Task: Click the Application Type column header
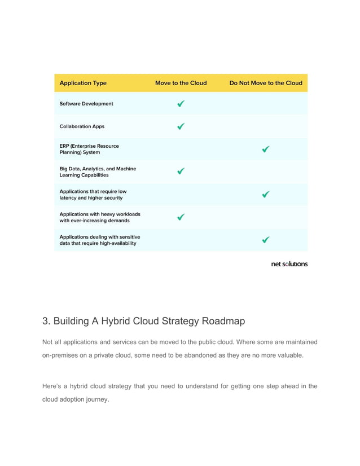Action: click(x=83, y=83)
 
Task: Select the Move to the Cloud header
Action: click(x=181, y=83)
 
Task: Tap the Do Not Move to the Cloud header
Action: click(x=265, y=83)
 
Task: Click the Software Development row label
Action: click(x=86, y=104)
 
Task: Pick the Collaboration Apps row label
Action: click(x=82, y=126)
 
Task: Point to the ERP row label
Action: click(x=89, y=149)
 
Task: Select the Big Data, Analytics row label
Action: click(x=98, y=172)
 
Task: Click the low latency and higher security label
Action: click(x=93, y=195)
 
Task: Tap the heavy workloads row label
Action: click(x=100, y=217)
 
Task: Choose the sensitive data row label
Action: click(x=100, y=240)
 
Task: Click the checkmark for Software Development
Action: click(x=181, y=104)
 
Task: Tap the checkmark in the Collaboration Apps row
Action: click(x=181, y=126)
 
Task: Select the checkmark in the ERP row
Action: click(x=266, y=150)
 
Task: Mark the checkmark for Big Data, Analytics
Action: click(x=181, y=172)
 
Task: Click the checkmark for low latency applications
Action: click(x=266, y=195)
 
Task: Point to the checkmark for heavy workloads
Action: click(x=181, y=217)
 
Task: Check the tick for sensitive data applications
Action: click(x=266, y=240)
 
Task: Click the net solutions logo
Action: click(x=289, y=263)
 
